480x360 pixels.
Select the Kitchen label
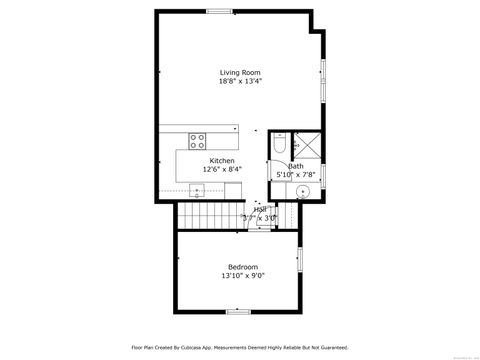click(x=222, y=161)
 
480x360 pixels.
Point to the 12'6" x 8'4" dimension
click(x=222, y=169)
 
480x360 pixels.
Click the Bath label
click(x=296, y=166)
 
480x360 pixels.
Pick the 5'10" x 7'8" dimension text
click(x=296, y=175)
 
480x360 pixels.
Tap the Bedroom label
click(x=243, y=266)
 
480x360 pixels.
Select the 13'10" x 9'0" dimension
click(x=243, y=275)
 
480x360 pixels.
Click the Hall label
click(x=260, y=210)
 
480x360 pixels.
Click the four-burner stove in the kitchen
click(x=197, y=140)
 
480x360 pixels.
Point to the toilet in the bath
click(x=281, y=147)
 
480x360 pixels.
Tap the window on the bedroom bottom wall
click(x=238, y=311)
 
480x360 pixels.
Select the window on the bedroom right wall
click(x=299, y=259)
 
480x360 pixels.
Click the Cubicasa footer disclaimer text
click(x=239, y=348)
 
